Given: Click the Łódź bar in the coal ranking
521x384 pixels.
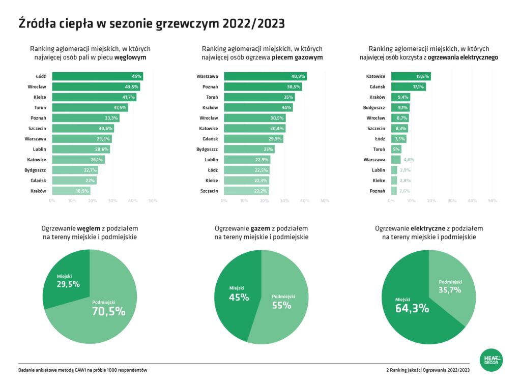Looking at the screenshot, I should click(97, 76).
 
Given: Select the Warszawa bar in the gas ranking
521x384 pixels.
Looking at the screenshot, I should click(265, 76).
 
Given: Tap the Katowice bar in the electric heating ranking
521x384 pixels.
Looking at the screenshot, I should click(410, 76).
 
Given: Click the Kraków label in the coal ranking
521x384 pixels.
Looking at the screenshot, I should click(39, 191).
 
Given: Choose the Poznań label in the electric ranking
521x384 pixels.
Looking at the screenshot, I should click(377, 191).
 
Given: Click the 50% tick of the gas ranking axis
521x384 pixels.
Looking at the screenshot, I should click(324, 201).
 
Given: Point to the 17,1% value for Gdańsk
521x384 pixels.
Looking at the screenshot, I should click(418, 87).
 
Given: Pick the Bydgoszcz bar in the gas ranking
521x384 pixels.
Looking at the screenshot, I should click(249, 149).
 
